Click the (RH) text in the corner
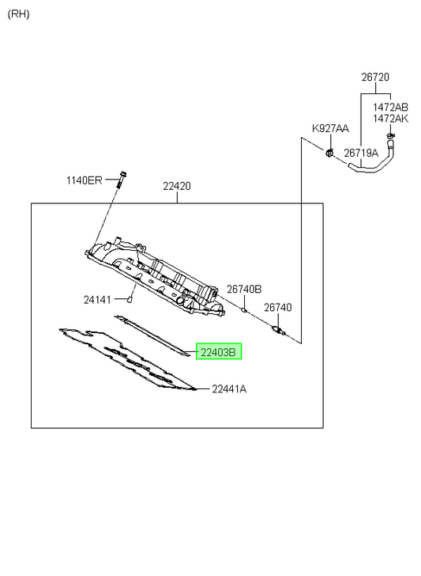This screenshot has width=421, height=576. pos(18,14)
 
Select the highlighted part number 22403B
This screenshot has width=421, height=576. pos(219,351)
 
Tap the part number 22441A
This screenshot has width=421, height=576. pos(229,388)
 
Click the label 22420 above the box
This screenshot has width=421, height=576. pos(177,186)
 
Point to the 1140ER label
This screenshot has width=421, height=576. pos(84,180)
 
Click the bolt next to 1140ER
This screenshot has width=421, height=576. pos(121,180)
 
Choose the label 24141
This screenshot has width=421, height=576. pos(97,300)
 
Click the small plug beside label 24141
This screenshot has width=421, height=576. pos(129,300)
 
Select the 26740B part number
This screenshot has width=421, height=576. pos(244,290)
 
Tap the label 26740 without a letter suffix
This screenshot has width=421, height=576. pos(278,308)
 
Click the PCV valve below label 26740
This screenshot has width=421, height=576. pos(279,330)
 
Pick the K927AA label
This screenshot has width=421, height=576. pos(330,128)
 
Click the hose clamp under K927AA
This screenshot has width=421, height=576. pos(329,151)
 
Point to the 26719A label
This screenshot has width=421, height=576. pos(361,153)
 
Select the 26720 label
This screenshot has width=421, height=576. pos(375,78)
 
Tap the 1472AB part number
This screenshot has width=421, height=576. pos(390,108)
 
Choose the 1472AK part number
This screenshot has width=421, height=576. pos(390,119)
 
